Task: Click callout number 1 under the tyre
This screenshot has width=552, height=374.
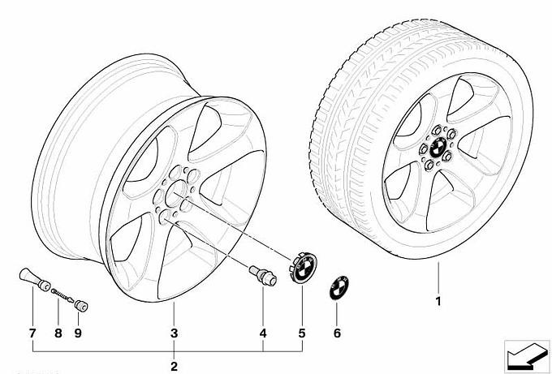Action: pos(438,302)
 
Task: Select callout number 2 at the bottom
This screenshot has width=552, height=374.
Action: pos(174,366)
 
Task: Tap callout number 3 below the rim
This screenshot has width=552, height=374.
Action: pos(174,333)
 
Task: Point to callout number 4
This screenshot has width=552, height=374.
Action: pos(263,333)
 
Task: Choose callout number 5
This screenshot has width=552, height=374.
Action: pos(302,333)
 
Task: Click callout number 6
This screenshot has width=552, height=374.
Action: pos(337,333)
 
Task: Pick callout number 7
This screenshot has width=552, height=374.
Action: pos(32,333)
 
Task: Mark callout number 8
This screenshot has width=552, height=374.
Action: pos(58,333)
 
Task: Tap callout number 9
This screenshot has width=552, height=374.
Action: pos(78,333)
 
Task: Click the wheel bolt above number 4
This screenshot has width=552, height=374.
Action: pos(263,275)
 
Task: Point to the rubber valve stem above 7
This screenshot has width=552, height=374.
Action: pos(34,279)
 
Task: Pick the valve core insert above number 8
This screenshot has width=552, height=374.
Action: pos(63,295)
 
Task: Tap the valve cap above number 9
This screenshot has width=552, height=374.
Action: pos(81,306)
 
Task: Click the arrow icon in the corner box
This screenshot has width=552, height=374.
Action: pos(526,355)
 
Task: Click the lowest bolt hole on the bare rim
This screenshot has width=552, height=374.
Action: pos(165,217)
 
